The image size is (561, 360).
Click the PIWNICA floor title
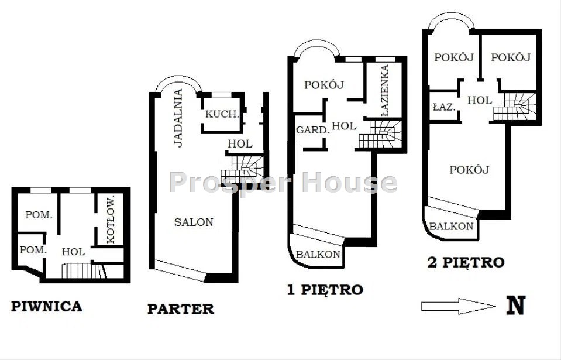pyautogui.click(x=47, y=306)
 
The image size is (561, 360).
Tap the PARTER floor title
pyautogui.click(x=181, y=309)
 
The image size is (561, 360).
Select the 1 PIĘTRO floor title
pyautogui.click(x=325, y=290)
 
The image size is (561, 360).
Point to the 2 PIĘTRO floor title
pyautogui.click(x=466, y=262)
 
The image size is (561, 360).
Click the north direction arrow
pyautogui.click(x=459, y=306)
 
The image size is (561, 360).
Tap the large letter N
pyautogui.click(x=516, y=305)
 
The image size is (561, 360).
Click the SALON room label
pyautogui.click(x=194, y=222)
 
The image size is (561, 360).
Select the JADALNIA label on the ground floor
pyautogui.click(x=178, y=118)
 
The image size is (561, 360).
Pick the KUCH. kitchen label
pyautogui.click(x=222, y=114)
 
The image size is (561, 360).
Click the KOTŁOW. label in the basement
pyautogui.click(x=111, y=220)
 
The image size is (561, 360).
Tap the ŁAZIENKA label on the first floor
pyautogui.click(x=385, y=91)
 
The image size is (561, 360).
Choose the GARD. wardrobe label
pyautogui.click(x=313, y=131)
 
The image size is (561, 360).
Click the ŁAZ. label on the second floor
pyautogui.click(x=444, y=107)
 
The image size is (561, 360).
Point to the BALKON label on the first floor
pyautogui.click(x=318, y=255)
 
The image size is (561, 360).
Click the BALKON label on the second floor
pyautogui.click(x=451, y=226)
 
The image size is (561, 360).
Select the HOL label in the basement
pyautogui.click(x=73, y=252)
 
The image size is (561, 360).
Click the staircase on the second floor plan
pyautogui.click(x=514, y=107)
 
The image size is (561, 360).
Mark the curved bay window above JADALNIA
pyautogui.click(x=178, y=79)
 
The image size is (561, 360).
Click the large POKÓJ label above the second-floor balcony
pyautogui.click(x=469, y=170)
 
